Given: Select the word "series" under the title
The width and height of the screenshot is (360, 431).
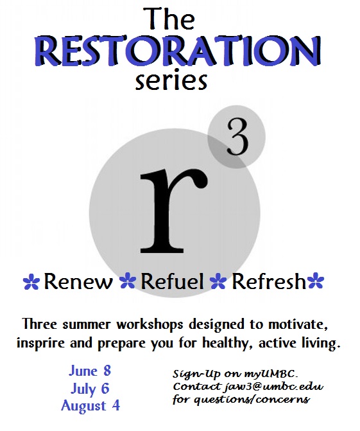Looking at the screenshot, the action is coord(171,80).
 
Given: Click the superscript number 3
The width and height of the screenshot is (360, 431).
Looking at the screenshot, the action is coord(237,138).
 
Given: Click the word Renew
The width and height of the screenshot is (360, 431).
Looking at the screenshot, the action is coord(78,282).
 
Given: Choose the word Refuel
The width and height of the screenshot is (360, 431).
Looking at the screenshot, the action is coord(172,282).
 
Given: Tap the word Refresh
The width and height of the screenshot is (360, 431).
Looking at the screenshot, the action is coord(269,281).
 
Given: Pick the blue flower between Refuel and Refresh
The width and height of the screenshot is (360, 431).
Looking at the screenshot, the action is coord(218,281).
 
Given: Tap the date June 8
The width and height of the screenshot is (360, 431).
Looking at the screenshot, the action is coord(90,371).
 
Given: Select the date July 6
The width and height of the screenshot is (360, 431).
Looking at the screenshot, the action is coord(90,389).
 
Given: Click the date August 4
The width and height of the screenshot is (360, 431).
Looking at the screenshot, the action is coord(90,406).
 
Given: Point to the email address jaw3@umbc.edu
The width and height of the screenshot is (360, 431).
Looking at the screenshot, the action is coord(274,387).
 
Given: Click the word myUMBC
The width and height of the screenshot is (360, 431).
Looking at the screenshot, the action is coord(270,374).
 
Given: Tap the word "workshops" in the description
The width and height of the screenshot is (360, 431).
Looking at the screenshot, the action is coord(150,324).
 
